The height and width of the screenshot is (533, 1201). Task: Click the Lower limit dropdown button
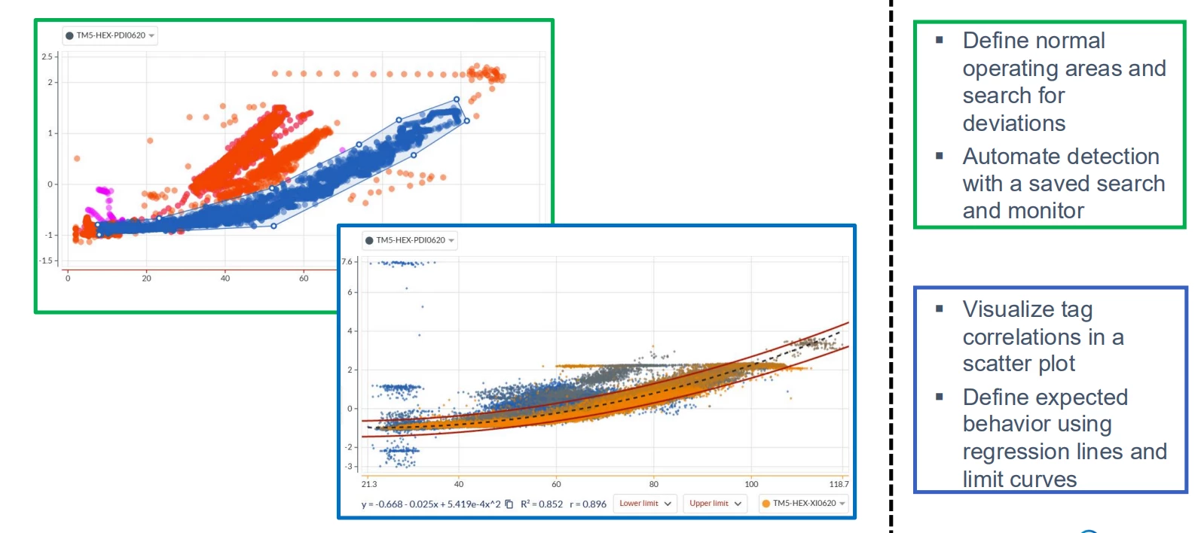pyautogui.click(x=645, y=504)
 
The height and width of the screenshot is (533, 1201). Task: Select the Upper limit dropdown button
pyautogui.click(x=715, y=504)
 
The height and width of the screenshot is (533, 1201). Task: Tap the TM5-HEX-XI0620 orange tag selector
pyautogui.click(x=803, y=504)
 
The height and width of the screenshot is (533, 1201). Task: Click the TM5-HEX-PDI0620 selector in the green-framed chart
pyautogui.click(x=110, y=35)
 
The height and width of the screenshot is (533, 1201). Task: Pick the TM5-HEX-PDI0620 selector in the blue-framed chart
pyautogui.click(x=410, y=240)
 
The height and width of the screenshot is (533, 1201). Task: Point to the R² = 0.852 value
pyautogui.click(x=541, y=504)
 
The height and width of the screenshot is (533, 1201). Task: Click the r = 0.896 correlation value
pyautogui.click(x=588, y=504)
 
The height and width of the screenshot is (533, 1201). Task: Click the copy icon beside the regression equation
pyautogui.click(x=509, y=504)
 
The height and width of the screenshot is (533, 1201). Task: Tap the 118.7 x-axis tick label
pyautogui.click(x=839, y=484)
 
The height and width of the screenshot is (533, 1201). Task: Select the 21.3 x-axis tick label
pyautogui.click(x=369, y=484)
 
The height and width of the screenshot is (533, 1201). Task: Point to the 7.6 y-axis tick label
pyautogui.click(x=347, y=262)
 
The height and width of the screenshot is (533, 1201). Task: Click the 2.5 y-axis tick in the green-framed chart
pyautogui.click(x=47, y=56)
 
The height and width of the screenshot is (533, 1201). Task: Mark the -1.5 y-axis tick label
pyautogui.click(x=47, y=260)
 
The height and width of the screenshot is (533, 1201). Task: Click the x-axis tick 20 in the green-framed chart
pyautogui.click(x=146, y=279)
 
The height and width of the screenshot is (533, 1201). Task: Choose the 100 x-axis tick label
pyautogui.click(x=751, y=484)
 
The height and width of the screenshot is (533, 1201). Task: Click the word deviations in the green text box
pyautogui.click(x=1013, y=123)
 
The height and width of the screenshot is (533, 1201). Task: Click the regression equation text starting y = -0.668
pyautogui.click(x=430, y=504)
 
